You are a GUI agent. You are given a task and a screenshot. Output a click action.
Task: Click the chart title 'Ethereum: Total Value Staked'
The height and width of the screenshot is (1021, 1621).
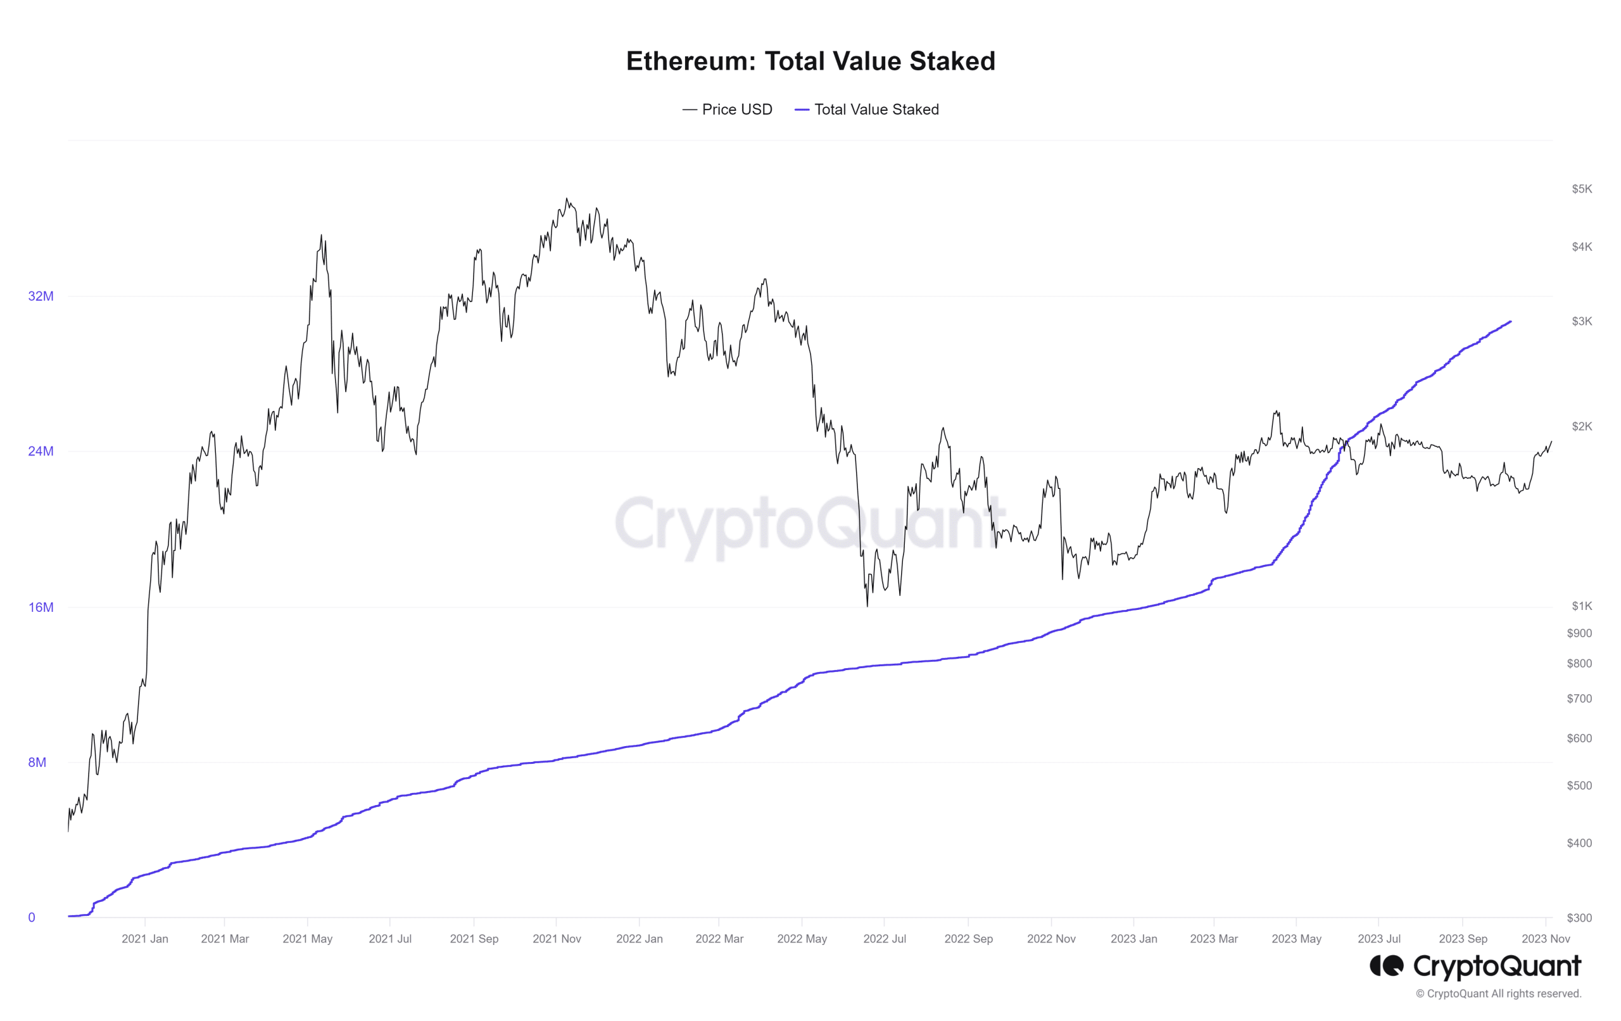pos(810,61)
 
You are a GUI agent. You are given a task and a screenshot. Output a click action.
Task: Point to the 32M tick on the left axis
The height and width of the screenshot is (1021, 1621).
pos(41,296)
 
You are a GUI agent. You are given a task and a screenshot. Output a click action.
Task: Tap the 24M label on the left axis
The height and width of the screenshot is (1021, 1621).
pos(41,451)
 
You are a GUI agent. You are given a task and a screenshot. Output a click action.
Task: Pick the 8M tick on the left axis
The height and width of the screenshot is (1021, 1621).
pos(37,763)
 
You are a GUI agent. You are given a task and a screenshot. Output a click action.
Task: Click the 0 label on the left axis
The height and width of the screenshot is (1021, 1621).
pos(32,917)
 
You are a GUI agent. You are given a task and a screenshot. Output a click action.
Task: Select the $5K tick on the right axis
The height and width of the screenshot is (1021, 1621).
pos(1581,189)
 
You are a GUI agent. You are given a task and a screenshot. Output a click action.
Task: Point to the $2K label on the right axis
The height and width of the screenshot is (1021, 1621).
pos(1581,426)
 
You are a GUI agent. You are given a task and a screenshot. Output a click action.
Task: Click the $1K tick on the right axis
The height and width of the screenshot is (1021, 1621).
pos(1581,606)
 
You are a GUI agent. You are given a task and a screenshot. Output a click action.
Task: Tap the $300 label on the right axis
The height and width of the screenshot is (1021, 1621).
pos(1579,918)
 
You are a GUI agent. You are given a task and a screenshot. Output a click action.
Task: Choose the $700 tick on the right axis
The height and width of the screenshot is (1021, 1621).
pos(1579,699)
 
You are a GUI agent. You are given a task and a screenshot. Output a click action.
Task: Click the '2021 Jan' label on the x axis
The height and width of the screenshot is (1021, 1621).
pos(145,939)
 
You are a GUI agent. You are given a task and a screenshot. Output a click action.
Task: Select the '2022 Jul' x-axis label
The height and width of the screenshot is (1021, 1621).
pos(885,939)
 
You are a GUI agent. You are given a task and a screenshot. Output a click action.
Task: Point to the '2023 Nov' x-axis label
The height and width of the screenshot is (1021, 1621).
pos(1546,939)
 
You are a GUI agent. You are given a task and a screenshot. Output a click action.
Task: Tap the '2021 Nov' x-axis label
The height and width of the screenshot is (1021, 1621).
pos(557,939)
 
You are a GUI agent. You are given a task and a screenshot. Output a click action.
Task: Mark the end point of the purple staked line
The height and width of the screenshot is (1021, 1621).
pos(1511,322)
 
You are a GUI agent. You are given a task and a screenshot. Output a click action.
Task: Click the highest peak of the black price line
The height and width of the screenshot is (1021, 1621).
pos(567,199)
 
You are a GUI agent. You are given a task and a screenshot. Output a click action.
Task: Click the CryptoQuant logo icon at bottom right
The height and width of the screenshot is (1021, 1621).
pos(1387,966)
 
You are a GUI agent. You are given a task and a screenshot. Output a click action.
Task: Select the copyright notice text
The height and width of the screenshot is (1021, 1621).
pos(1499,994)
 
